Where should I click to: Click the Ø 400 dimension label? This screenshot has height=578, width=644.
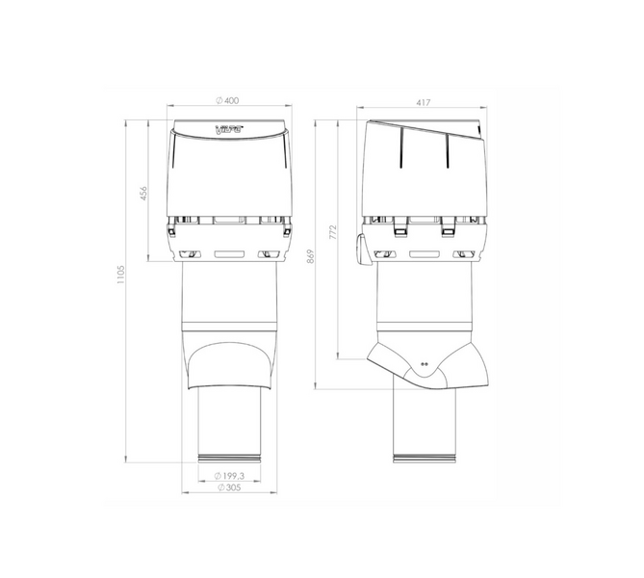coord(230,101)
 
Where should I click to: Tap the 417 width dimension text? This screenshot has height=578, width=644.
coord(424,101)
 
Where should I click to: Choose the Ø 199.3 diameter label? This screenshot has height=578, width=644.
coord(230,476)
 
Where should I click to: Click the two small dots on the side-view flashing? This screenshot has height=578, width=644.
coord(425,365)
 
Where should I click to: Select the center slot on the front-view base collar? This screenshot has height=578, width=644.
coord(230,255)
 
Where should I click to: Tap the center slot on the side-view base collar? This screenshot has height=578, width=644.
coord(424,255)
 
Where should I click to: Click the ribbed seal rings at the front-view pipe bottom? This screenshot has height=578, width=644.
coord(230,454)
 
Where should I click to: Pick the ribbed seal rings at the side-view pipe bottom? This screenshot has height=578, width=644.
coord(424,454)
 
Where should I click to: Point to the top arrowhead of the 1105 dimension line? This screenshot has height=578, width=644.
coord(128,120)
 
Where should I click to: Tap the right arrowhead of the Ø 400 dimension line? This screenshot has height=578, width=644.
coord(289,109)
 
